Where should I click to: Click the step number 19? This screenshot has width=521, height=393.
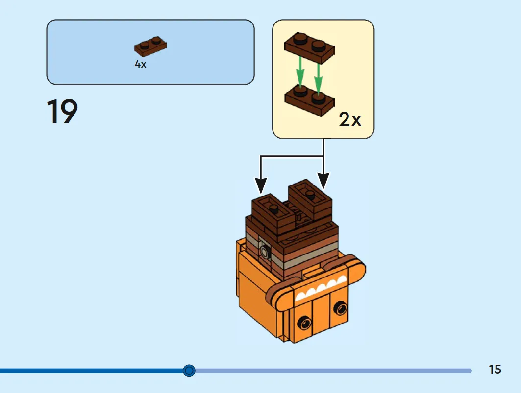tap(62, 111)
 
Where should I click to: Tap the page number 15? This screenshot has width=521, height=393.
tap(495, 370)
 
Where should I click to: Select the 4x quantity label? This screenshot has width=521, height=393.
tap(140, 64)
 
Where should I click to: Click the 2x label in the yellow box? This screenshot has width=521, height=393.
tap(350, 119)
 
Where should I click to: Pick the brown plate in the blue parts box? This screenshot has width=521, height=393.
tap(150, 46)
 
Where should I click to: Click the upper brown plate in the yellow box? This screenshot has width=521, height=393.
tap(309, 47)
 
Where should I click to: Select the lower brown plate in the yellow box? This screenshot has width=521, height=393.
tap(310, 99)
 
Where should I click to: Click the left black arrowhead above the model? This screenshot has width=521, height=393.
tap(261, 186)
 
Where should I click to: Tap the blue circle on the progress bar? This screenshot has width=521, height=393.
tap(189, 370)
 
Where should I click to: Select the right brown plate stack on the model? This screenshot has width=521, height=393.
tap(310, 200)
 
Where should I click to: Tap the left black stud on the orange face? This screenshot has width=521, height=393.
tap(304, 323)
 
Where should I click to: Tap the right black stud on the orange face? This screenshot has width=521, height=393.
tap(340, 308)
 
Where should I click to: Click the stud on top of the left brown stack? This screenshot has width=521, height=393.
tap(273, 208)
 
